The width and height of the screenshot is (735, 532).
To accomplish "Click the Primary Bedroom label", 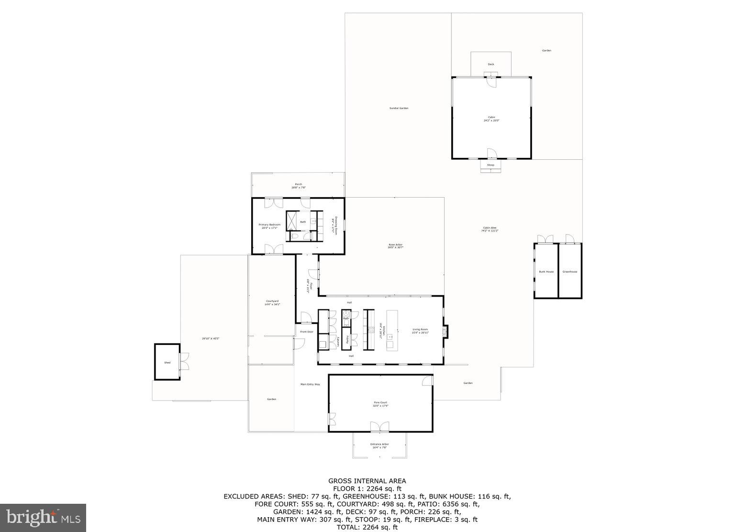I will click(269, 225).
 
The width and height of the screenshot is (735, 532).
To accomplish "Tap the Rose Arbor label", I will click(395, 245).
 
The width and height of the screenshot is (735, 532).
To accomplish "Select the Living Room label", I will click(420, 329).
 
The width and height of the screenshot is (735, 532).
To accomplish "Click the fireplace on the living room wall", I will click(445, 331).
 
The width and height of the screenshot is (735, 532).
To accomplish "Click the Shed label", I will click(167, 363).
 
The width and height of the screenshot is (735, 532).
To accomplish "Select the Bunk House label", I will click(546, 272).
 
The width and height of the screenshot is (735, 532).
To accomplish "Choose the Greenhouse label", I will click(569, 272).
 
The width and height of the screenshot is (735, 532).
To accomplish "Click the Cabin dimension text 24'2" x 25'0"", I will click(491, 121).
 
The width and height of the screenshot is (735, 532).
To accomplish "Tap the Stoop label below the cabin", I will click(490, 165).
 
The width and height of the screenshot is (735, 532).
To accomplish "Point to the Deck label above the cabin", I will click(490, 64).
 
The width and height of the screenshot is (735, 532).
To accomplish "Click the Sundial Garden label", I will click(399, 108).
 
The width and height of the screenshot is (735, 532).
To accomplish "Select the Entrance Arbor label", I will click(379, 444).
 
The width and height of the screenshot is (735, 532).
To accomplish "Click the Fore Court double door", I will click(379, 427).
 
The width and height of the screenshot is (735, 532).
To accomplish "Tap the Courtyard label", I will click(272, 301).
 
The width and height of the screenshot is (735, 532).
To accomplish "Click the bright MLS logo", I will click(43, 518).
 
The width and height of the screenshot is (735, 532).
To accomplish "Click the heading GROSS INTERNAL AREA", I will click(367, 481).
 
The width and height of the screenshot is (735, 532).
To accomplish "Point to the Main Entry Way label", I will click(310, 384).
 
